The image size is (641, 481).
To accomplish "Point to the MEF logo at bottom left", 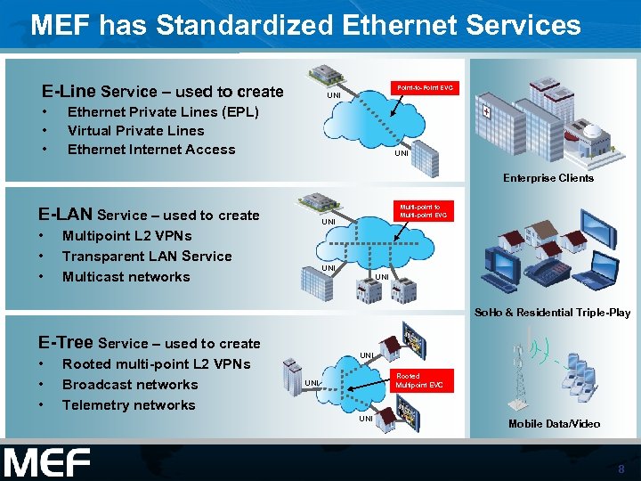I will click(46, 462).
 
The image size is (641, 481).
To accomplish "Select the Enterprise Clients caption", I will click(548, 178).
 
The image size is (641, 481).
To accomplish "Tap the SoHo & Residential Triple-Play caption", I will click(552, 313).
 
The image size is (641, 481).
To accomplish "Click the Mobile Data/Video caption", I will click(554, 424).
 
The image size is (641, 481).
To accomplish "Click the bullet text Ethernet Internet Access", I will click(151, 150).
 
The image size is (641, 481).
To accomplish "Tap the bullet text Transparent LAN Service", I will click(147, 257).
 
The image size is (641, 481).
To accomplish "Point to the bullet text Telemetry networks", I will click(128, 405).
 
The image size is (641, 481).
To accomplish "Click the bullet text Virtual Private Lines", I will click(135, 131).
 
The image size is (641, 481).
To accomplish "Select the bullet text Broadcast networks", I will click(130, 385).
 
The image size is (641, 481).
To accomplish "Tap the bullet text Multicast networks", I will click(126, 277).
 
